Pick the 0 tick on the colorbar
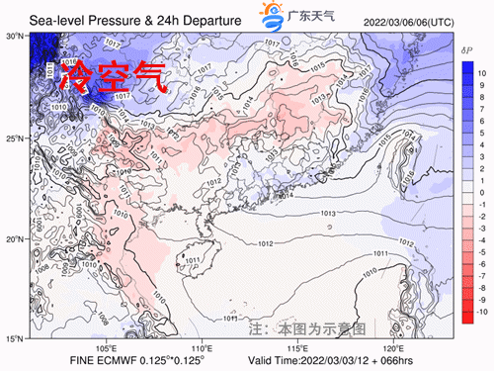[481, 193]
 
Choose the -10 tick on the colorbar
[483, 312]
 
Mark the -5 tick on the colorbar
[482, 252]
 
